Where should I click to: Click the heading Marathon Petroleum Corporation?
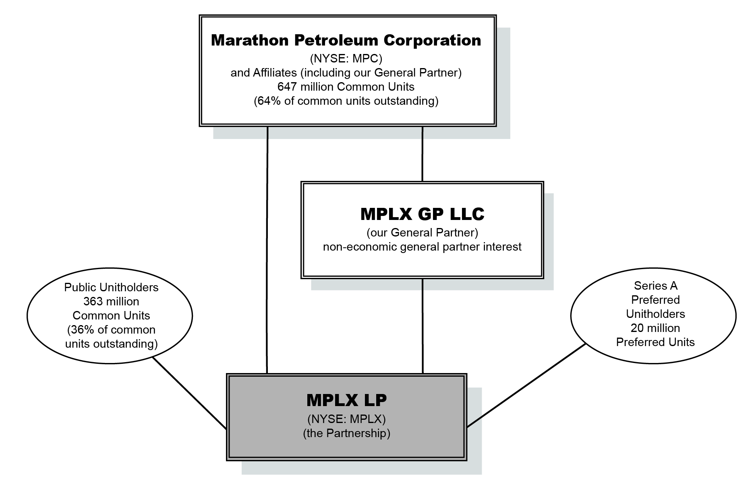346,41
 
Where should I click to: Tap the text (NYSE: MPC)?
346,59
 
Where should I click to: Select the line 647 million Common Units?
346,87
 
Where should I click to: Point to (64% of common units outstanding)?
346,101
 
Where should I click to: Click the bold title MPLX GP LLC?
422,214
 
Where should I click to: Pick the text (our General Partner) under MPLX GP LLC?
422,233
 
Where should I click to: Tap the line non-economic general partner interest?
422,247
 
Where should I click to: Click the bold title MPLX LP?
346,400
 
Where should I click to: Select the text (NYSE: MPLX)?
346,419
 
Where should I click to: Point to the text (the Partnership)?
346,433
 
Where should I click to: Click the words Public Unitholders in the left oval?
111,288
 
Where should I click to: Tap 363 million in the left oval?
111,302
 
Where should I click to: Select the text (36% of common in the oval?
111,330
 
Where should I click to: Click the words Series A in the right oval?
655,286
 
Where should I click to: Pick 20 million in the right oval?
655,328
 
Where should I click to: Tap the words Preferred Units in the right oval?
655,342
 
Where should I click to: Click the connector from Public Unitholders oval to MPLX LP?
189,392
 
